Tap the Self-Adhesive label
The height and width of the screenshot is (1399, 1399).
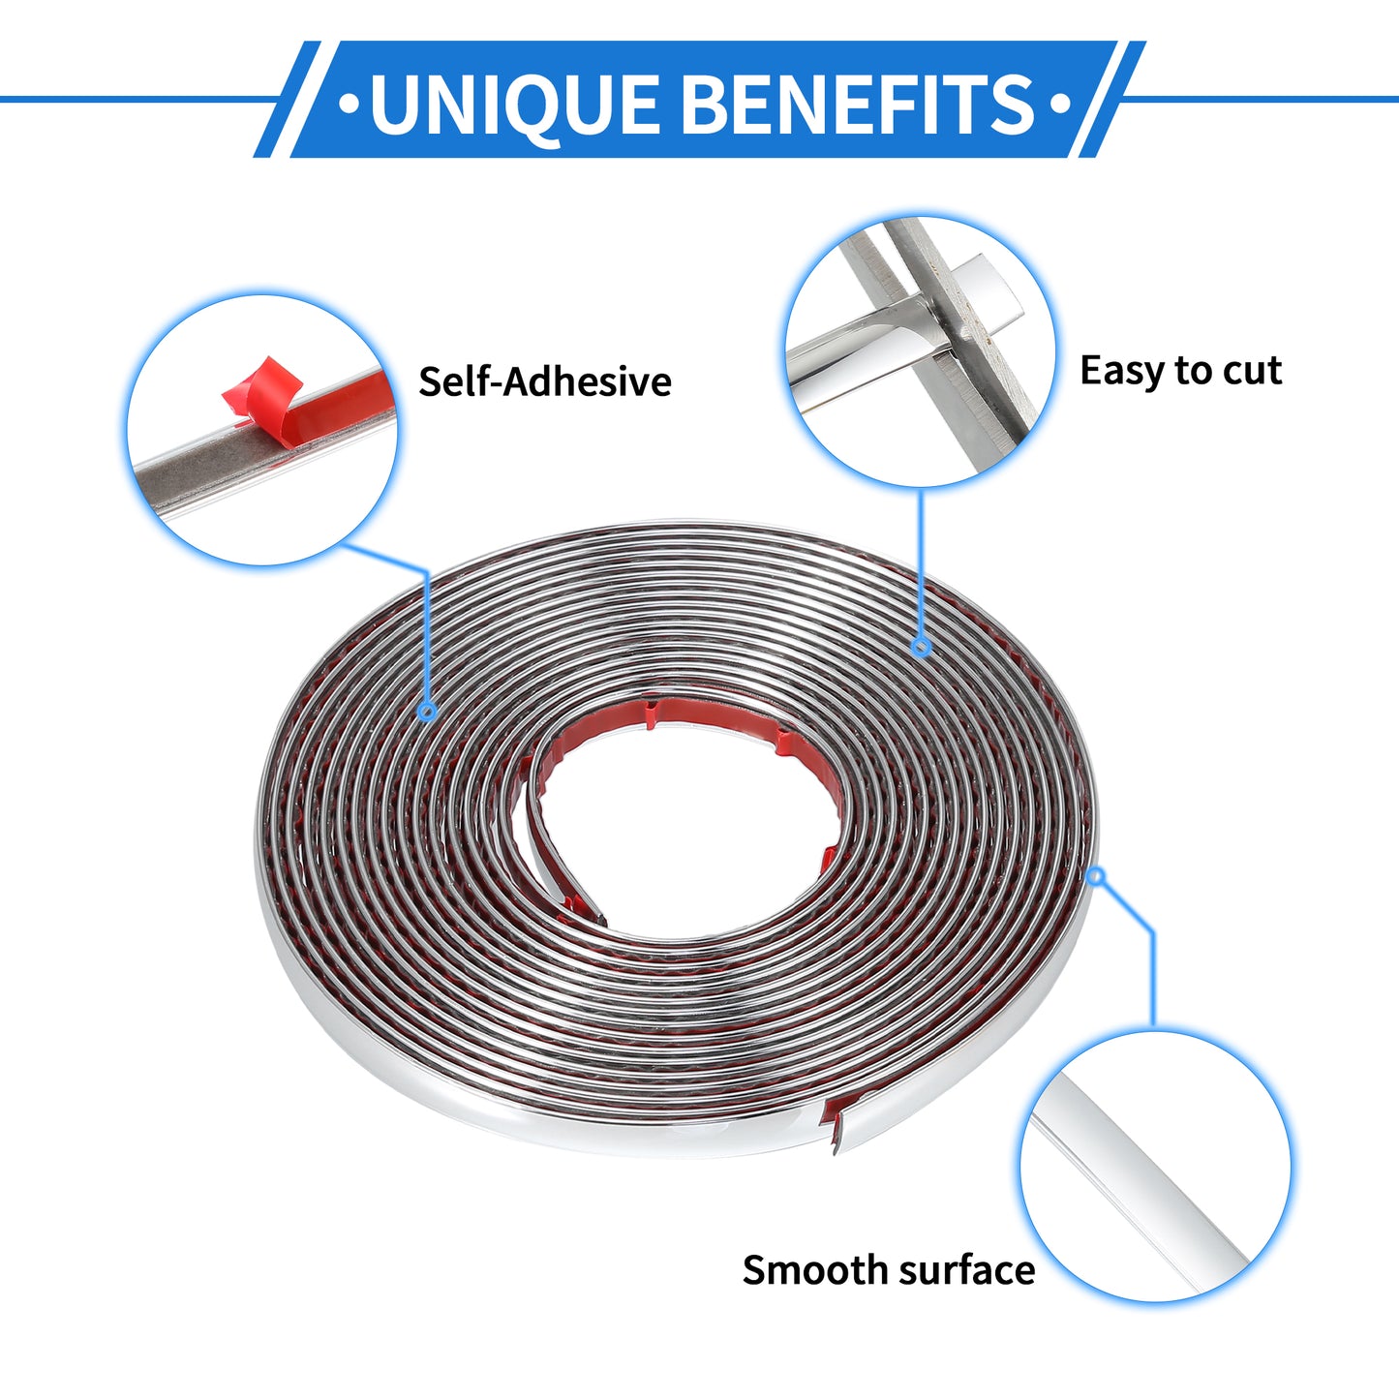tap(544, 381)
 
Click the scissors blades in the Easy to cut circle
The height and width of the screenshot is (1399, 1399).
tap(944, 326)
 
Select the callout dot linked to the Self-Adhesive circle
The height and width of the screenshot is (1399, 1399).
tap(428, 712)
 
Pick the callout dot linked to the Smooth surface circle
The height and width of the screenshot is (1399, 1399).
tap(1096, 877)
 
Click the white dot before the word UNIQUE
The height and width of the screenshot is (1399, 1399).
tap(349, 103)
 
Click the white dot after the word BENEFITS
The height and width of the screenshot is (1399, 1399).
tap(1061, 103)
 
